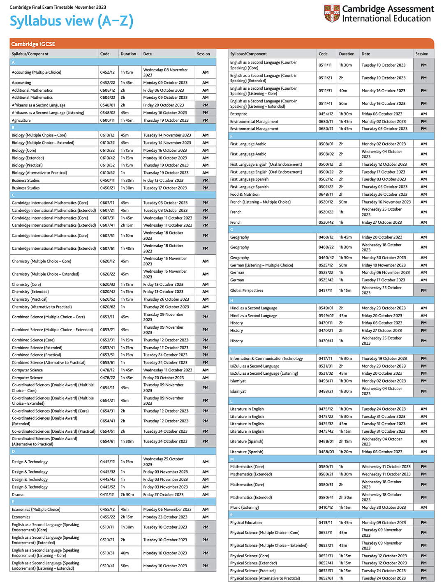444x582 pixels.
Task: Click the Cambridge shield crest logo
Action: (x=331, y=14)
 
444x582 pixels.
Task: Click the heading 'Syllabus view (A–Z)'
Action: (x=72, y=21)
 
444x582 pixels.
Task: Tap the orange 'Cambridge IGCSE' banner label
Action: (x=33, y=44)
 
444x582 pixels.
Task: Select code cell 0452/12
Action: (x=107, y=72)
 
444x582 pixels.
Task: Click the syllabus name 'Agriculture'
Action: (x=21, y=121)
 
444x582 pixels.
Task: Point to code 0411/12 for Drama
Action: (x=107, y=495)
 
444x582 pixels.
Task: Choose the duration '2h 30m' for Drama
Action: (x=127, y=495)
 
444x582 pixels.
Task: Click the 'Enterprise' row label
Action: (x=239, y=114)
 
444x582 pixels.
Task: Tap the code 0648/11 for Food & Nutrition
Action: (x=326, y=195)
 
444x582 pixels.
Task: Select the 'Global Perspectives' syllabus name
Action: (x=247, y=290)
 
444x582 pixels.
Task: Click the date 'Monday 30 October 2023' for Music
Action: (x=384, y=508)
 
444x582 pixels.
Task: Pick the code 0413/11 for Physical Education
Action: (x=326, y=523)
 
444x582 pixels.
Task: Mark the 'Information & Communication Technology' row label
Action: (x=266, y=359)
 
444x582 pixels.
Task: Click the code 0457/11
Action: (x=326, y=290)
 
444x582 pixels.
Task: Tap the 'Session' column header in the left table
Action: (x=203, y=54)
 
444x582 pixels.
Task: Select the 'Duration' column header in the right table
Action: (x=347, y=54)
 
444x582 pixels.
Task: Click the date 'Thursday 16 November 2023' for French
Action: (x=386, y=202)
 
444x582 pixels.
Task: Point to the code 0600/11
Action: (x=107, y=121)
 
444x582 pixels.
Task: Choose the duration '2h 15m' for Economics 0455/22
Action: (x=127, y=517)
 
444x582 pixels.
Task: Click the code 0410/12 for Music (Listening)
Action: (x=326, y=508)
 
